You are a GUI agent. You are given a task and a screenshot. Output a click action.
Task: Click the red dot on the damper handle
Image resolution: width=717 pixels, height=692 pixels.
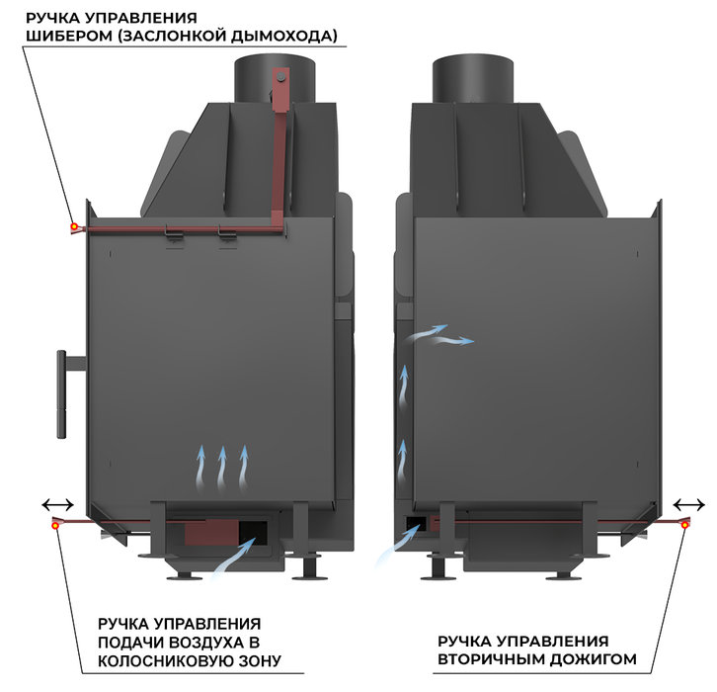point(74,226)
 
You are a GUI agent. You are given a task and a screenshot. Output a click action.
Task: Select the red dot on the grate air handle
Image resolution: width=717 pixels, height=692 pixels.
point(55,526)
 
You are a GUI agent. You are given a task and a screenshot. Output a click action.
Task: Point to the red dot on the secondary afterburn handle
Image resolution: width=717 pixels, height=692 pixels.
point(684,525)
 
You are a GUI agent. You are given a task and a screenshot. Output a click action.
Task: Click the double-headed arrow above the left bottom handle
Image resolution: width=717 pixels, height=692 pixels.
point(57,505)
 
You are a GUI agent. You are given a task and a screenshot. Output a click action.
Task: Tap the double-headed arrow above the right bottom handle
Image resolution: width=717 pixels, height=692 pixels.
point(689,505)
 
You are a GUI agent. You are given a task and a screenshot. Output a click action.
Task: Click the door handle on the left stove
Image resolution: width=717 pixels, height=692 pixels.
point(62,394)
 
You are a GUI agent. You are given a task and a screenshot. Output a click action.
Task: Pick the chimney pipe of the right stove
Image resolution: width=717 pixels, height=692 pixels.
point(473,80)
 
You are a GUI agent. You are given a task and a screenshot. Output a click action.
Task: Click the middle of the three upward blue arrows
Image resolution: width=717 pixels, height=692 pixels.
point(222,470)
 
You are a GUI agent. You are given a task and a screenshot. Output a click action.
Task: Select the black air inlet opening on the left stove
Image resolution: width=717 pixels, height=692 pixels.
point(253,533)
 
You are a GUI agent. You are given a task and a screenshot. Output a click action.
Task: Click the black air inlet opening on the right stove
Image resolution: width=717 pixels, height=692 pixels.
point(417,523)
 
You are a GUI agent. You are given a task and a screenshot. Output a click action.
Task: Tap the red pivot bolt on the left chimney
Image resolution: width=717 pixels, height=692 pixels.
point(281,78)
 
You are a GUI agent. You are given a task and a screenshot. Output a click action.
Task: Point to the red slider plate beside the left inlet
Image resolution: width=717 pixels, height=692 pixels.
point(211,533)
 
